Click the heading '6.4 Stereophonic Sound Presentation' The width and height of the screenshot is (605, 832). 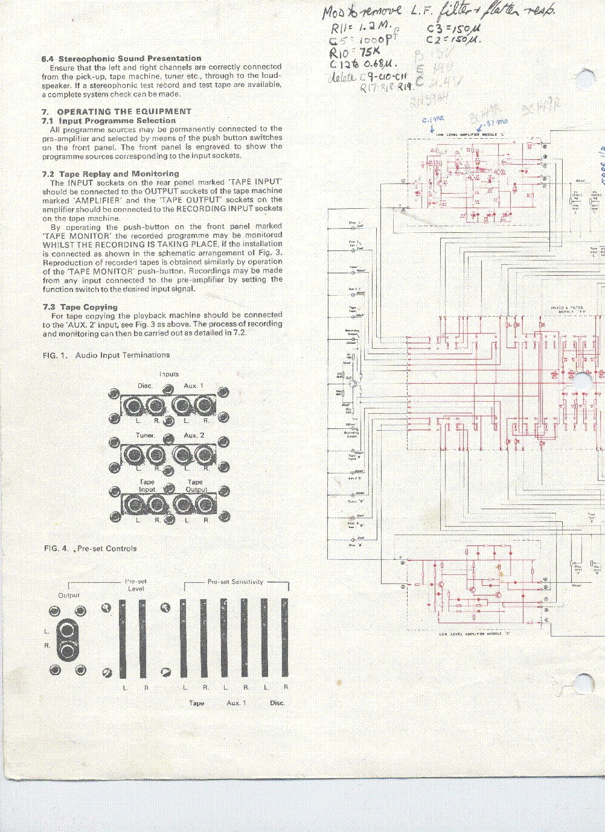coord(121,59)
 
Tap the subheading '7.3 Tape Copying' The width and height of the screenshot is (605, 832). coord(80,307)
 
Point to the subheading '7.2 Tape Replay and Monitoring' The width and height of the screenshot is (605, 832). coord(111,174)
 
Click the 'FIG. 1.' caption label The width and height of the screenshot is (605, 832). coord(55,355)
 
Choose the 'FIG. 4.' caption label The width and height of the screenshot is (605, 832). coord(56,548)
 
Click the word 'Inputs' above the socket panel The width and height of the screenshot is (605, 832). coord(169,374)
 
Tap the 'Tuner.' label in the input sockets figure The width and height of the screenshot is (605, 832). coord(145,435)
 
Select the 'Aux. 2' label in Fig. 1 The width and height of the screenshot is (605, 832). coord(194,435)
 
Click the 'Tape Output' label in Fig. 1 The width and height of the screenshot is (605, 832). coord(196,486)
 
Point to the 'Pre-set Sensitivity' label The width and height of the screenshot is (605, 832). coord(235,582)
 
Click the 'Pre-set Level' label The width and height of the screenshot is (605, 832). coord(136,585)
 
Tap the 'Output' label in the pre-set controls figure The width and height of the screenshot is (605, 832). coord(69,595)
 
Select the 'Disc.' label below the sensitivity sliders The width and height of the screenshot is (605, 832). coord(277,703)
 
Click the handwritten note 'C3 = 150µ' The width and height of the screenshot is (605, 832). coord(453,28)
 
